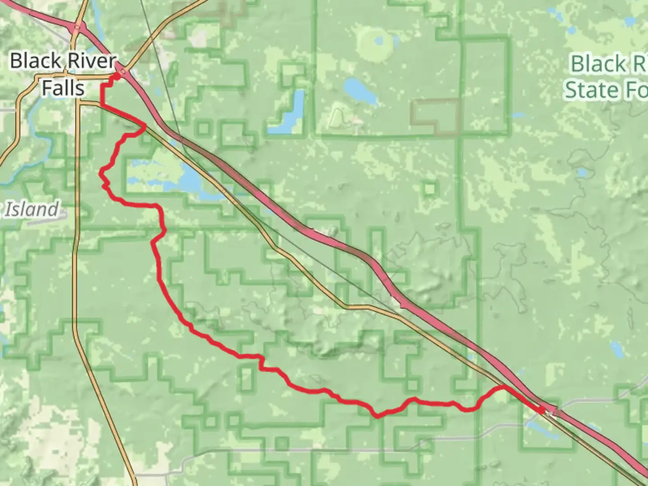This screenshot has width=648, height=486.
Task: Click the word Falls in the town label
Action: point(63,88)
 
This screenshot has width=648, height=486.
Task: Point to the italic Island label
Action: point(33,210)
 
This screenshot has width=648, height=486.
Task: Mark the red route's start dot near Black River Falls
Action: point(116,77)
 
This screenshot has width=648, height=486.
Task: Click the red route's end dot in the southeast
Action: point(541,409)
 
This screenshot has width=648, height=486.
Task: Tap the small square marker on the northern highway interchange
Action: point(77,27)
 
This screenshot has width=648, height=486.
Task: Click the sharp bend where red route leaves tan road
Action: point(144,126)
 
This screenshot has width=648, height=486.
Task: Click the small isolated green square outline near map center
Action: point(429,188)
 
